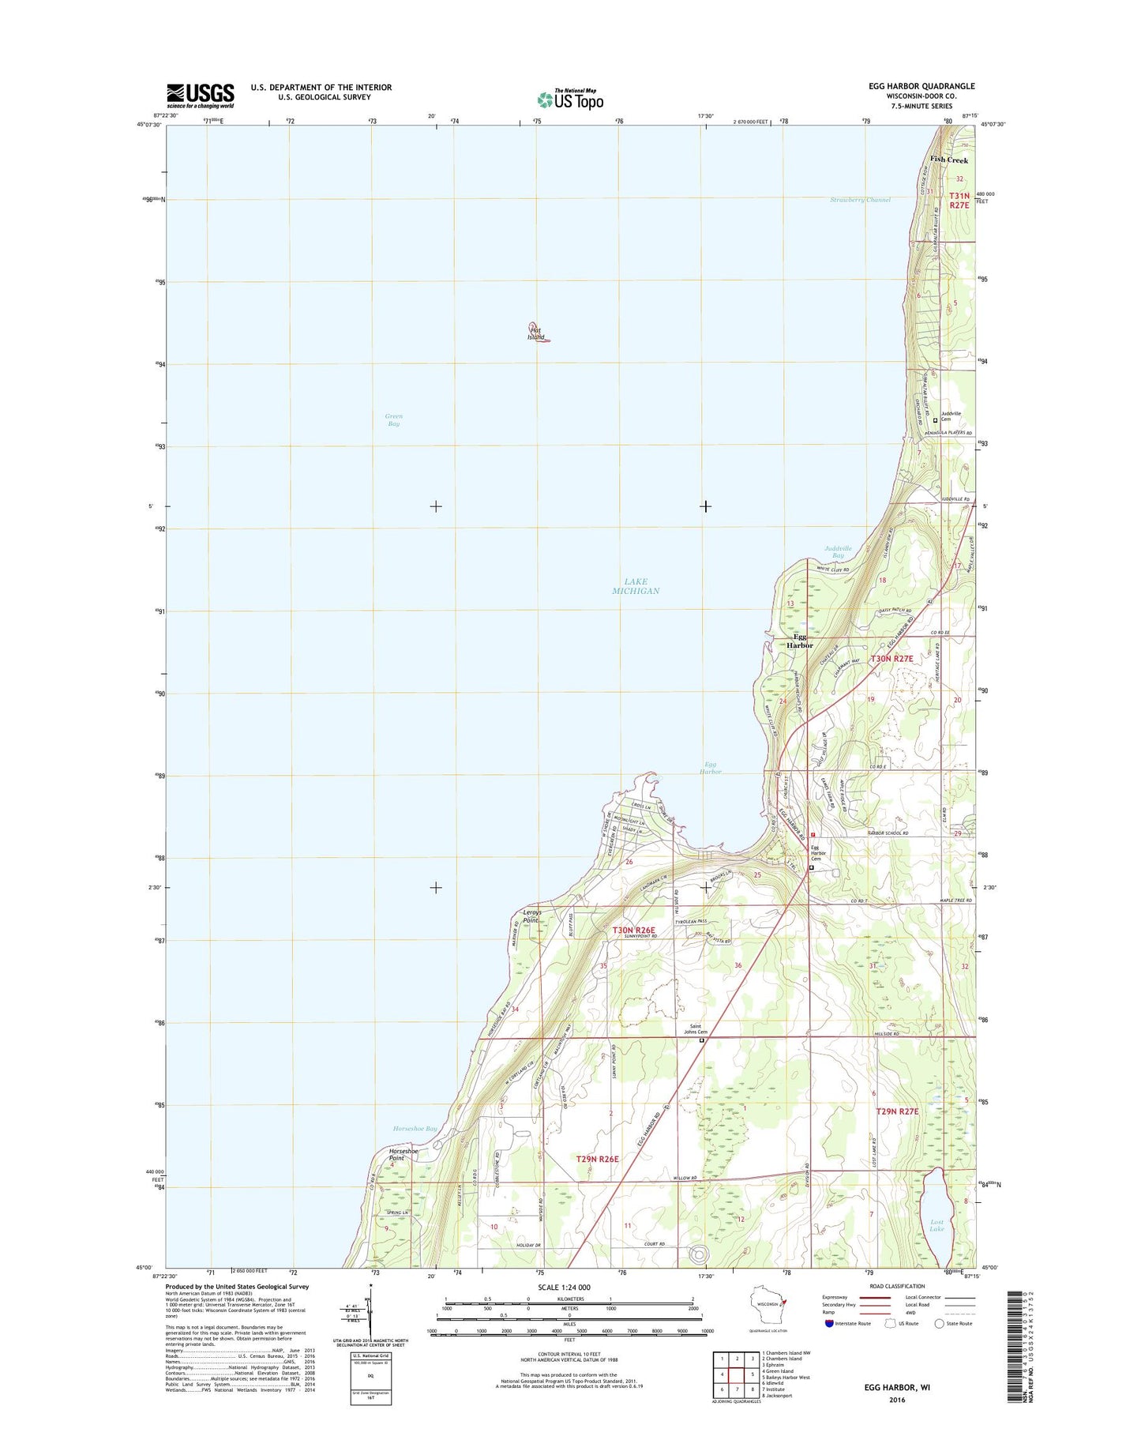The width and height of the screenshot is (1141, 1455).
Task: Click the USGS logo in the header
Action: pos(200,96)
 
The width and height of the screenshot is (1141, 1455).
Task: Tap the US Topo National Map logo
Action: pos(570,99)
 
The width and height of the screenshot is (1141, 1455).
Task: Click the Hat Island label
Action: pos(536,333)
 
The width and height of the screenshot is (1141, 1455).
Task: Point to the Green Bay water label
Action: pos(393,420)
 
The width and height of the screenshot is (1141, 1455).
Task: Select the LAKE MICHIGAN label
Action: pos(636,586)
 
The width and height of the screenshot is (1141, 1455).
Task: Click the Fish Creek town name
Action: pos(948,160)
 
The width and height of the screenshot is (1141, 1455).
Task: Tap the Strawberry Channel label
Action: pos(860,200)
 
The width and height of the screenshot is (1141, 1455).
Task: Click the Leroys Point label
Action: pos(531,916)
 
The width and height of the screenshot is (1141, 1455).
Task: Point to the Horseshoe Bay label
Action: pos(415,1129)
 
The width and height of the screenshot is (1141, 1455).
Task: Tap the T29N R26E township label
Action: pos(597,1159)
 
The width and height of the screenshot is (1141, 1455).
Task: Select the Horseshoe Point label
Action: pos(403,1155)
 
